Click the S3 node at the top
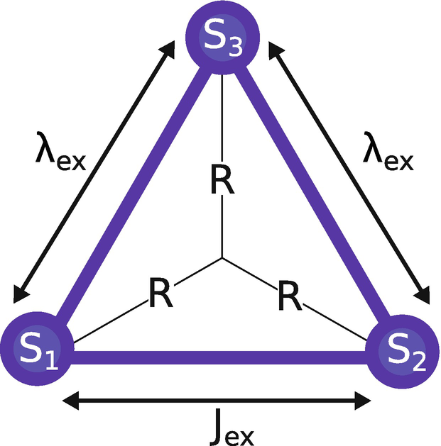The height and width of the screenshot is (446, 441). tap(221, 35)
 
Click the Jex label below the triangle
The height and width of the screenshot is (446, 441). tap(219, 427)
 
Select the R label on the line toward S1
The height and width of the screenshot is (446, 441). tap(160, 295)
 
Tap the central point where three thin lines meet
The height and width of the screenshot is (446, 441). tap(222, 257)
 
